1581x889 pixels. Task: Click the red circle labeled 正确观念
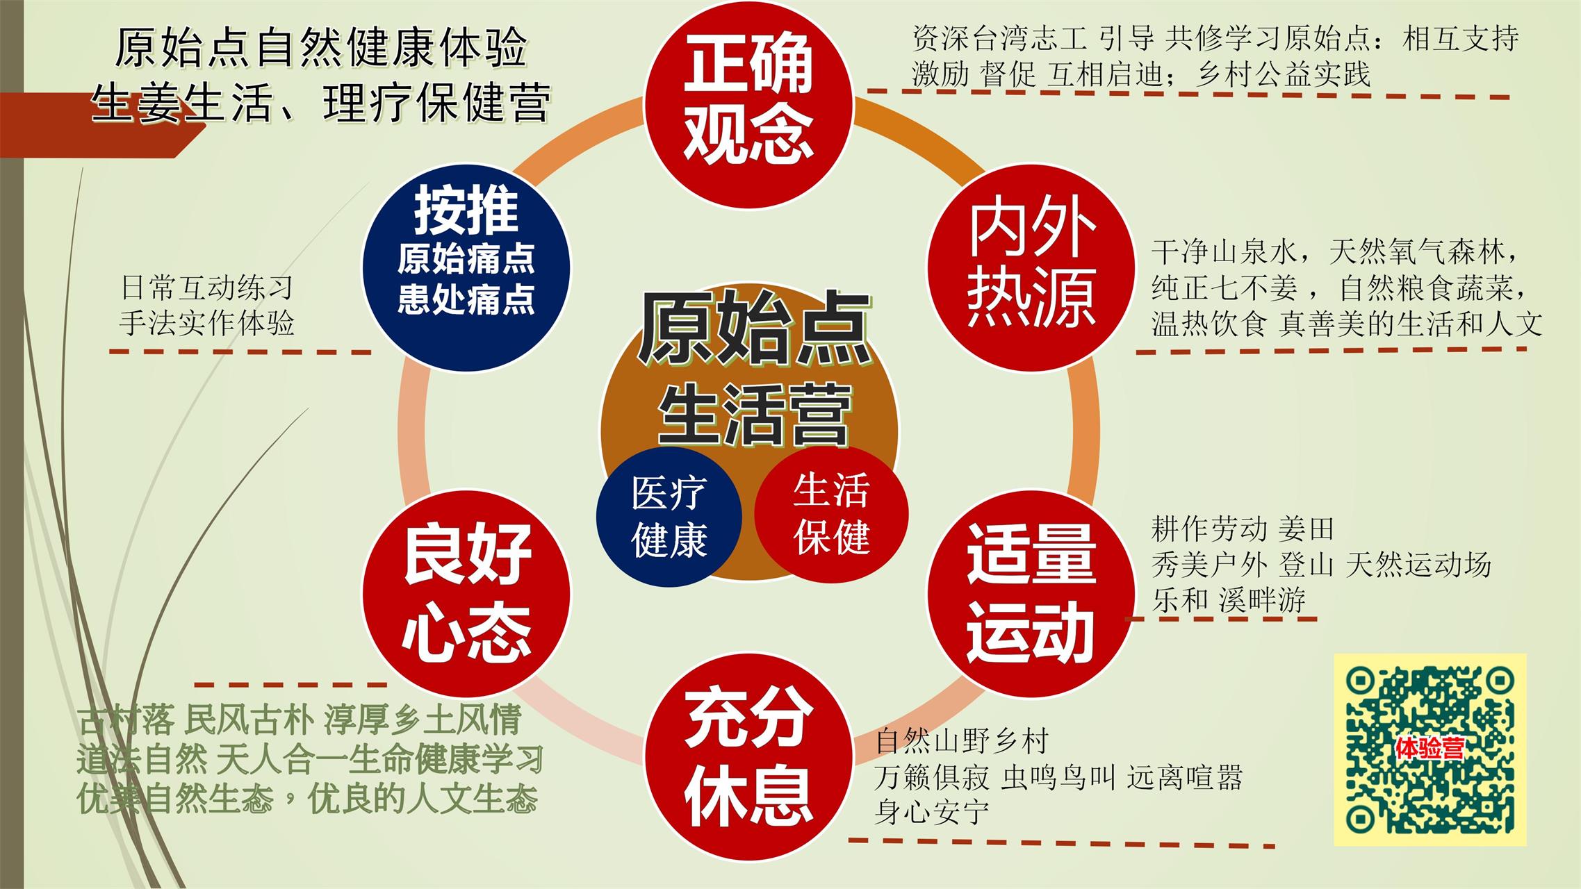coord(748,104)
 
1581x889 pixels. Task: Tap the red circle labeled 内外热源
coord(1031,267)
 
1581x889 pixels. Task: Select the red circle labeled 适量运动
coord(1031,594)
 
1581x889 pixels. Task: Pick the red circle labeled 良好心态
coord(467,594)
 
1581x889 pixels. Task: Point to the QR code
coord(1430,750)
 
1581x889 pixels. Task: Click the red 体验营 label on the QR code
coord(1430,748)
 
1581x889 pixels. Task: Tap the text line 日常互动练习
coord(206,288)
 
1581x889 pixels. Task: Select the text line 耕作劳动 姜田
coord(1243,529)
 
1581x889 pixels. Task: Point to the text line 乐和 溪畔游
coord(1229,600)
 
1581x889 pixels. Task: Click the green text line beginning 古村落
coord(299,720)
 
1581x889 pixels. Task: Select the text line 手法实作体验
coord(206,324)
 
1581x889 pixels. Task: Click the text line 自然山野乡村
coord(962,741)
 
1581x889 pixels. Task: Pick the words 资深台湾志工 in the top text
coord(999,38)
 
